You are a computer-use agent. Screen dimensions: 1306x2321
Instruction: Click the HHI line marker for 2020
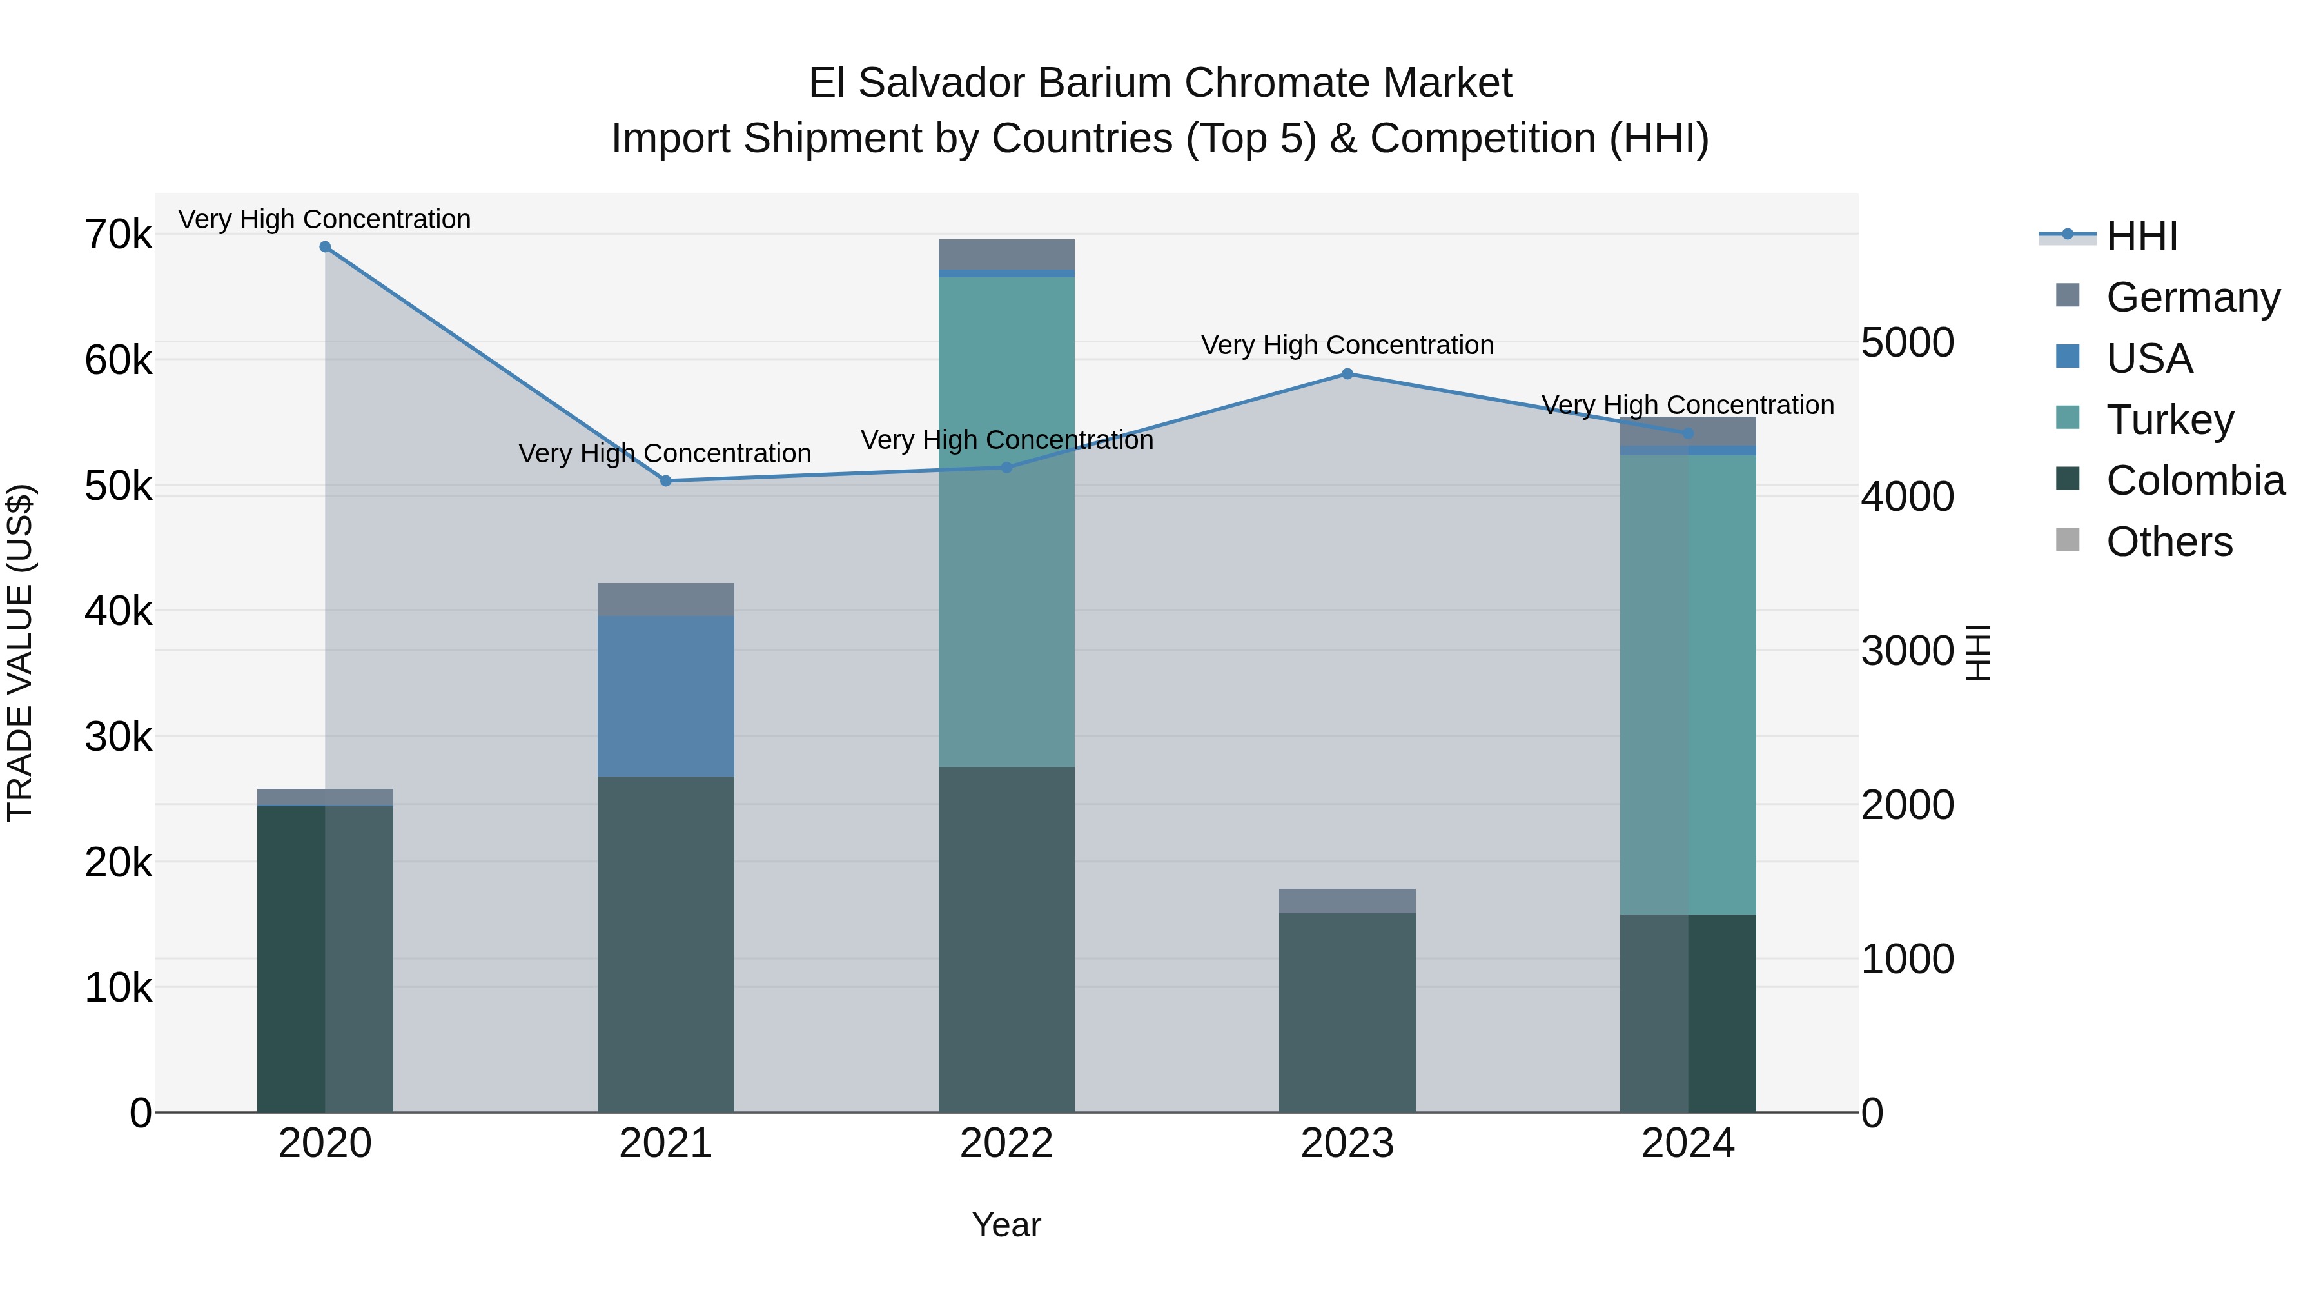326,247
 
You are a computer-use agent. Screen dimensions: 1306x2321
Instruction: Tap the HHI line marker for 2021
666,481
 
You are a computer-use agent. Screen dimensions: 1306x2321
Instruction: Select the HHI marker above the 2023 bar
1347,374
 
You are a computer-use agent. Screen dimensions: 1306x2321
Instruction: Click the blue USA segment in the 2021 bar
666,696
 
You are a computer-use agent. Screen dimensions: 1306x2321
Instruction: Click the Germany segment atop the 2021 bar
666,599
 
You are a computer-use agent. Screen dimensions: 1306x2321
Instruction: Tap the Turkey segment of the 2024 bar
1688,685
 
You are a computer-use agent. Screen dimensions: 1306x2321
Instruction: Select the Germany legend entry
2192,297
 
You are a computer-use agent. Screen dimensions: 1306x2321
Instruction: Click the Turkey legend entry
2169,420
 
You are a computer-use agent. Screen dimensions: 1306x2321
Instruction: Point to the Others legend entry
2169,542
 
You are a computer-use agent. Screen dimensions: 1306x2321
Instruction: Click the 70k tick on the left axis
118,235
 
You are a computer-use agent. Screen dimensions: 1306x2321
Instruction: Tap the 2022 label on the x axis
1006,1143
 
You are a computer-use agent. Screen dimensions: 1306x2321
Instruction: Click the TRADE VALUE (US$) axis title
20,653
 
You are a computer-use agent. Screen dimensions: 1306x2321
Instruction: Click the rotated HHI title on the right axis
1978,653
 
